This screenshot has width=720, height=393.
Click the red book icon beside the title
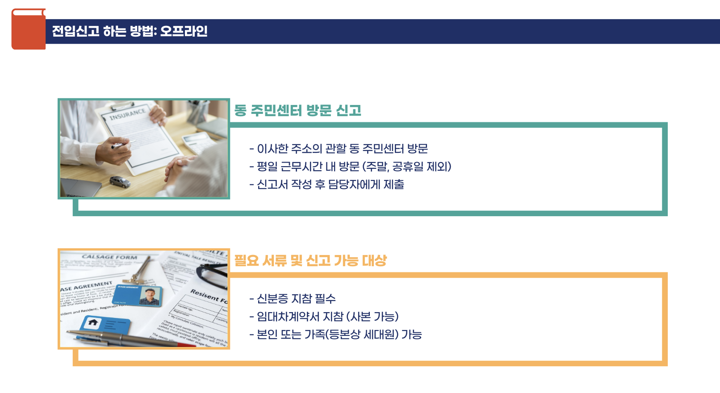click(x=28, y=29)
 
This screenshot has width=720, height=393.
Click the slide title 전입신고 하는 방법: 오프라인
click(x=130, y=31)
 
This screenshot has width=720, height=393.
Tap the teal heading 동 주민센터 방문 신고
click(x=297, y=110)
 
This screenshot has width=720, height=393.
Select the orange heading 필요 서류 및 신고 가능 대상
click(x=310, y=260)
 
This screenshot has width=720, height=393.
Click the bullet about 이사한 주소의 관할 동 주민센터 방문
click(x=339, y=149)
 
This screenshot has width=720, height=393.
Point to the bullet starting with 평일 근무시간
click(x=350, y=167)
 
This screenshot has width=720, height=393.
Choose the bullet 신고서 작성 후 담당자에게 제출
click(x=327, y=184)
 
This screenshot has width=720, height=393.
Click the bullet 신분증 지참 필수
click(x=293, y=299)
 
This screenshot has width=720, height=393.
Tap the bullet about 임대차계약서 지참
click(x=324, y=317)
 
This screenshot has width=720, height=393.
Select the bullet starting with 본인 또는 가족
click(x=335, y=334)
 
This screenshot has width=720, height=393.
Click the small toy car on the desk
click(x=120, y=181)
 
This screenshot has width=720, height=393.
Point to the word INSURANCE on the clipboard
click(x=128, y=114)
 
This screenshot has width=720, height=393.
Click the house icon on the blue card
click(x=93, y=322)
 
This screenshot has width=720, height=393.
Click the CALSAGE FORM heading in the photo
click(x=109, y=257)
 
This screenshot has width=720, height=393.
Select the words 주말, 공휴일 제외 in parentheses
click(x=406, y=167)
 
